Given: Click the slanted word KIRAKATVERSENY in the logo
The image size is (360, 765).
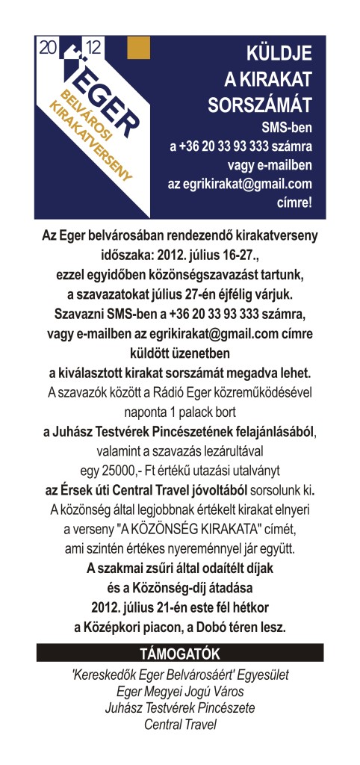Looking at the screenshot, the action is coord(89,142).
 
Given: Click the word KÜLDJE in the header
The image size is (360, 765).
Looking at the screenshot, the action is coord(279,53).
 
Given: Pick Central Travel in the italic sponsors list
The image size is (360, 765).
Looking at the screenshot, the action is coord(179,724).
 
